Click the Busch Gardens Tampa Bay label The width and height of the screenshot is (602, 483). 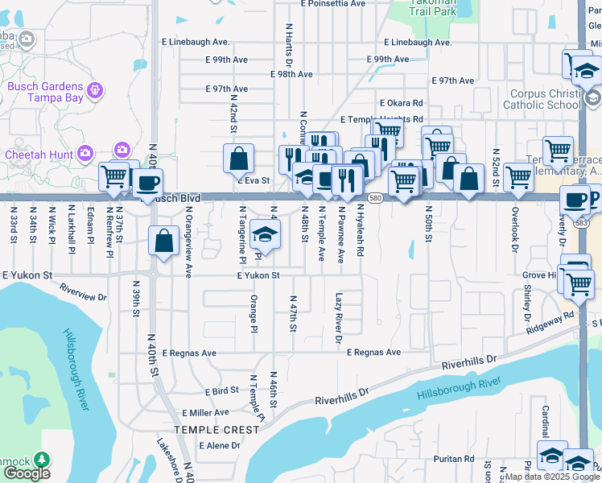(45, 93)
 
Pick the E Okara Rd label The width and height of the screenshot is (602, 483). (401, 103)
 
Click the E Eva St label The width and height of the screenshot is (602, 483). (252, 182)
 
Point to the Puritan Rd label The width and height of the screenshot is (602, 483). (452, 459)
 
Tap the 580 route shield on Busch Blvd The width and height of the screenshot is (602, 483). (375, 197)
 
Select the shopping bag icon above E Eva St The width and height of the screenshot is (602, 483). (239, 159)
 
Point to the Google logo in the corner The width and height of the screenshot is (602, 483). (27, 473)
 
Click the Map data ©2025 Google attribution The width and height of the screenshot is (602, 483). (552, 477)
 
